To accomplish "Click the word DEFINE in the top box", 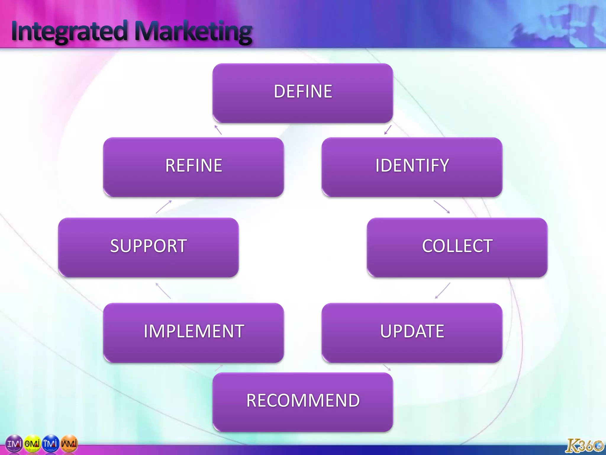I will click(x=303, y=91).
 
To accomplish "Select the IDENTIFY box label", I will click(x=412, y=165).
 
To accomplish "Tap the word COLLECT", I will click(x=457, y=246).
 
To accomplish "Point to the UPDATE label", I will click(x=412, y=331).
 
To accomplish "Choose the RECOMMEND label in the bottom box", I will click(x=303, y=400).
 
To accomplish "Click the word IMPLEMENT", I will click(x=194, y=331).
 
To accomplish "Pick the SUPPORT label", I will click(x=149, y=246).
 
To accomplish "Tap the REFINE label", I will click(x=194, y=165).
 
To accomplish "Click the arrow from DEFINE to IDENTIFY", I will click(x=388, y=130).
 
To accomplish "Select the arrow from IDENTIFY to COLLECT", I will click(x=442, y=207).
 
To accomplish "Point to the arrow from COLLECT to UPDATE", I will click(x=442, y=291).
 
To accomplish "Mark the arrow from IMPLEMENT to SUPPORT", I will click(x=163, y=291).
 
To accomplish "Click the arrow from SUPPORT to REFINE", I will click(x=164, y=207).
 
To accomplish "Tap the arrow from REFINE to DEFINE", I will click(x=218, y=130).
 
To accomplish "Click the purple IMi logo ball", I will click(x=14, y=444).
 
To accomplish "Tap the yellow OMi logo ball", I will click(x=32, y=444).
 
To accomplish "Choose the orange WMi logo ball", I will click(x=69, y=444).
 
